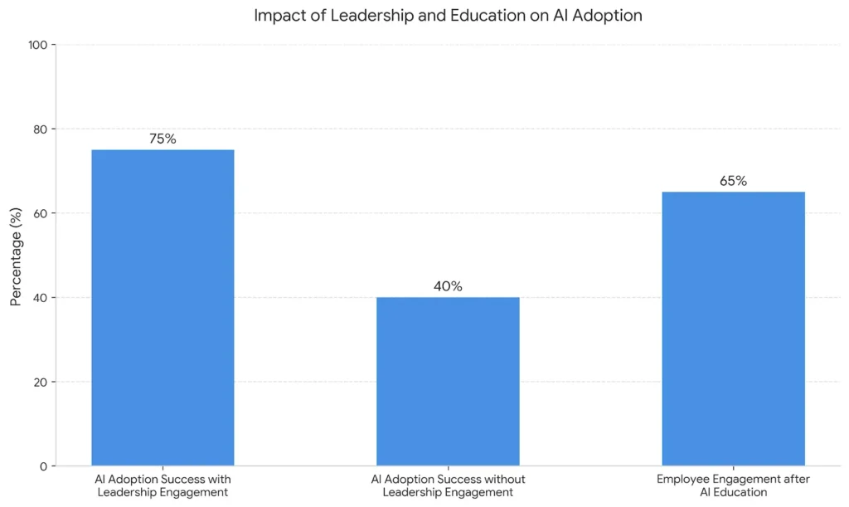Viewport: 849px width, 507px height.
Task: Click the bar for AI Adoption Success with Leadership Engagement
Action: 163,307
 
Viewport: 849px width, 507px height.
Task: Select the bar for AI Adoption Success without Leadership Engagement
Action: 448,381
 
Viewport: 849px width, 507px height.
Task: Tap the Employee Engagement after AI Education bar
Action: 733,329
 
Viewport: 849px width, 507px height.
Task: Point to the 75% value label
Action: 163,139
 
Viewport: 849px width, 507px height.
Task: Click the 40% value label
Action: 448,286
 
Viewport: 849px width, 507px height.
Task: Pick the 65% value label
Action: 733,181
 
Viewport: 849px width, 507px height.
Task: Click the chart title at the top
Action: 448,16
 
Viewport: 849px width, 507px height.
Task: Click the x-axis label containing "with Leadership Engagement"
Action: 163,485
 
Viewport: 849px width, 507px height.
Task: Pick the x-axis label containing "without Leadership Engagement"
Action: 448,485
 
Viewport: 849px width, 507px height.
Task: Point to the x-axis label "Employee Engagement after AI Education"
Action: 733,485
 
